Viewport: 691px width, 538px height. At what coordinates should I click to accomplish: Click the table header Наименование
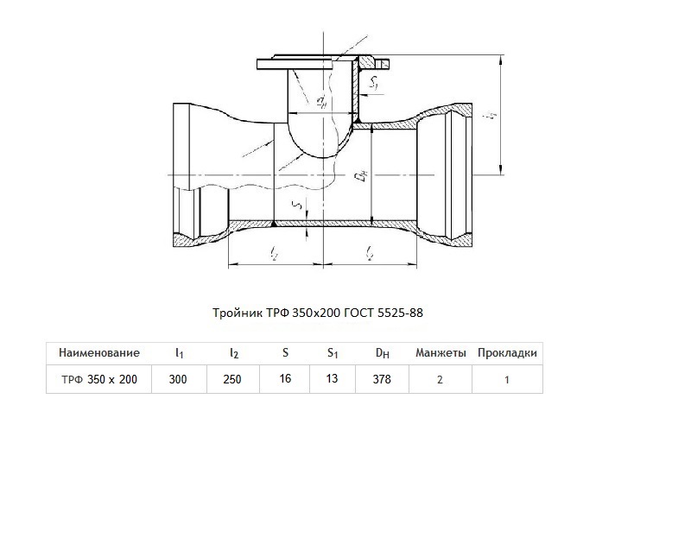pyautogui.click(x=99, y=352)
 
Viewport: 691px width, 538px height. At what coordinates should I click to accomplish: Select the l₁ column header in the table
pyautogui.click(x=179, y=353)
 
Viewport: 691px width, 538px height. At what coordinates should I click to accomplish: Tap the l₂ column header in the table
pyautogui.click(x=234, y=353)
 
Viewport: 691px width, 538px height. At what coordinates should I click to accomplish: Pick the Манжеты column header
pyautogui.click(x=441, y=353)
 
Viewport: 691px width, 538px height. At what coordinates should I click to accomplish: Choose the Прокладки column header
pyautogui.click(x=507, y=353)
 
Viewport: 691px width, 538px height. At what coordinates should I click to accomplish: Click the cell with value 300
pyautogui.click(x=178, y=379)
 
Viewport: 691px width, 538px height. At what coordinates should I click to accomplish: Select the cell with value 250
pyautogui.click(x=232, y=379)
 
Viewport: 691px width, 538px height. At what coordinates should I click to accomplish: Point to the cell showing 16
pyautogui.click(x=285, y=378)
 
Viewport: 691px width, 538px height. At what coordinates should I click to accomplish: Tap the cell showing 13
pyautogui.click(x=332, y=378)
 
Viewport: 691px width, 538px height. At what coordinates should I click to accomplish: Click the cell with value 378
pyautogui.click(x=382, y=379)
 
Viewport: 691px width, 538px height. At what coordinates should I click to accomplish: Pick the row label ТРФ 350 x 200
pyautogui.click(x=99, y=379)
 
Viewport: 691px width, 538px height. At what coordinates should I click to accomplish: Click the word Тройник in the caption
pyautogui.click(x=238, y=313)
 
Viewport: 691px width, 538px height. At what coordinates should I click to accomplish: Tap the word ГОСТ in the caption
pyautogui.click(x=359, y=313)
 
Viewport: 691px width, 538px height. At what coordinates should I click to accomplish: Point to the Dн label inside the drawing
pyautogui.click(x=361, y=177)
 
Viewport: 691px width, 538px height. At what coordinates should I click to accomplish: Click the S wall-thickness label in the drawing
pyautogui.click(x=299, y=205)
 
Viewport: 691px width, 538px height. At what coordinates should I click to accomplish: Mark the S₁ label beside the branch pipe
pyautogui.click(x=374, y=82)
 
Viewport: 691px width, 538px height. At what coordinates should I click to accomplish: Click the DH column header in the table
pyautogui.click(x=382, y=353)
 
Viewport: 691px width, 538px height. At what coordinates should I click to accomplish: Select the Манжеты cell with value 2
pyautogui.click(x=440, y=380)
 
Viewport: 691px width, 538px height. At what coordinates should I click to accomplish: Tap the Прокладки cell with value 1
pyautogui.click(x=507, y=380)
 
